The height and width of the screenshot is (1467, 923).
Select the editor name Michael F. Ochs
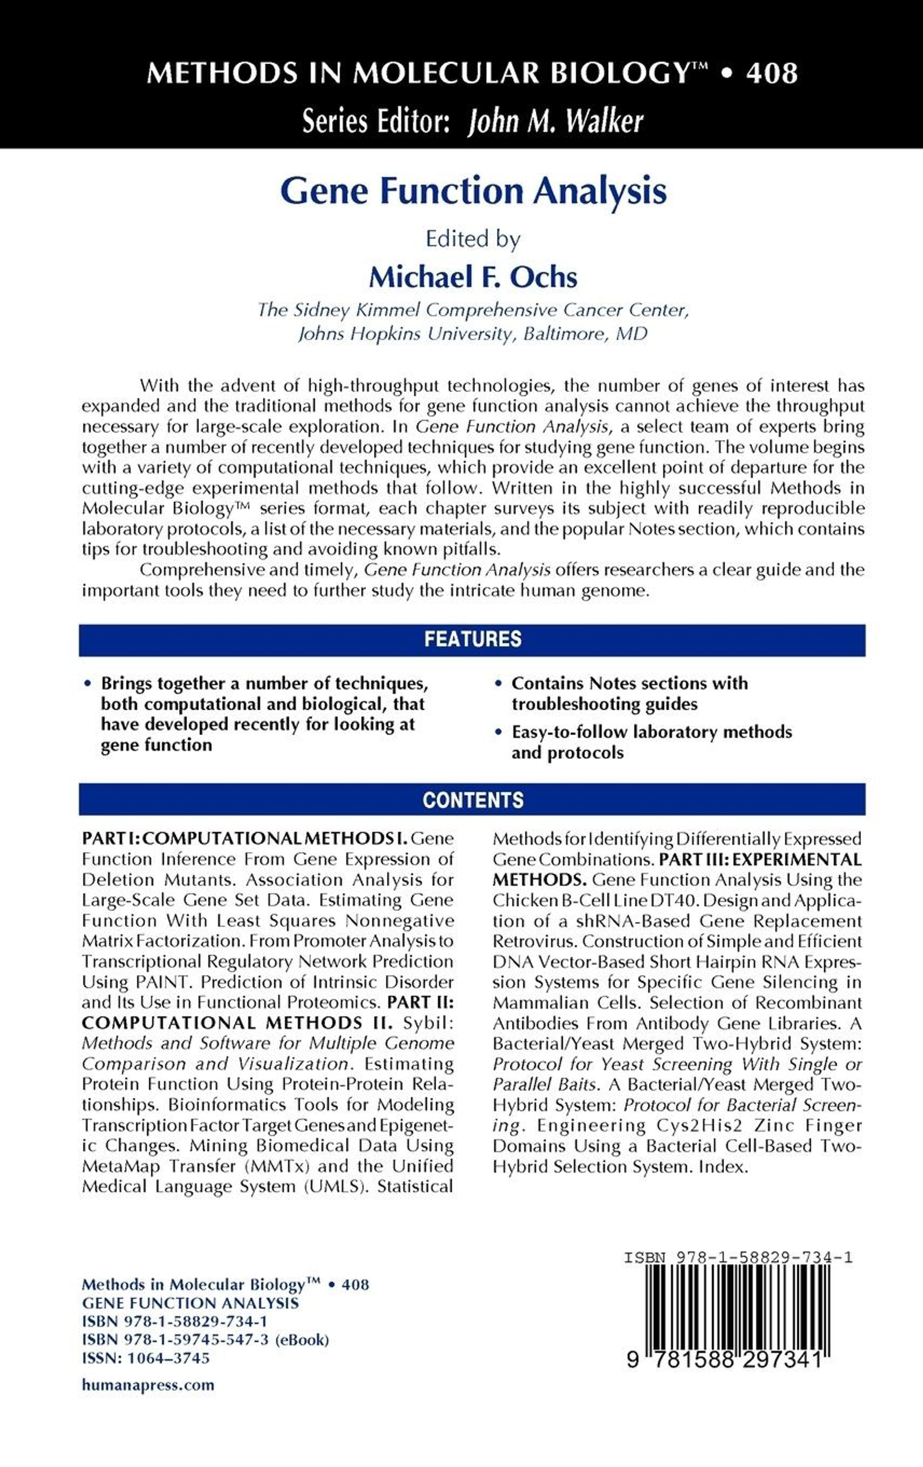click(x=473, y=277)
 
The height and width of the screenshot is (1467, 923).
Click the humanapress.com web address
click(x=148, y=1385)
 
